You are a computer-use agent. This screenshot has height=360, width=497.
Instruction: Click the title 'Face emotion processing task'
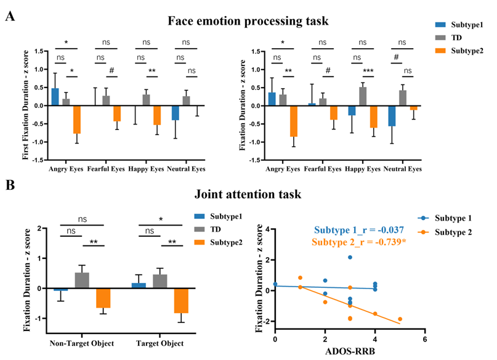248,22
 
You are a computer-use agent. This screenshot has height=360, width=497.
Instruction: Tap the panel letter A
10,16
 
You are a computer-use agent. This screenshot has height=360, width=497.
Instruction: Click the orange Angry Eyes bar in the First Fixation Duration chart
77,120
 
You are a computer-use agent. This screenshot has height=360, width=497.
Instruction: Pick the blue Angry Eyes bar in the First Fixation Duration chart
55,97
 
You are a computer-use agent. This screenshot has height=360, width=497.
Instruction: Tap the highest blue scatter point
350,257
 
